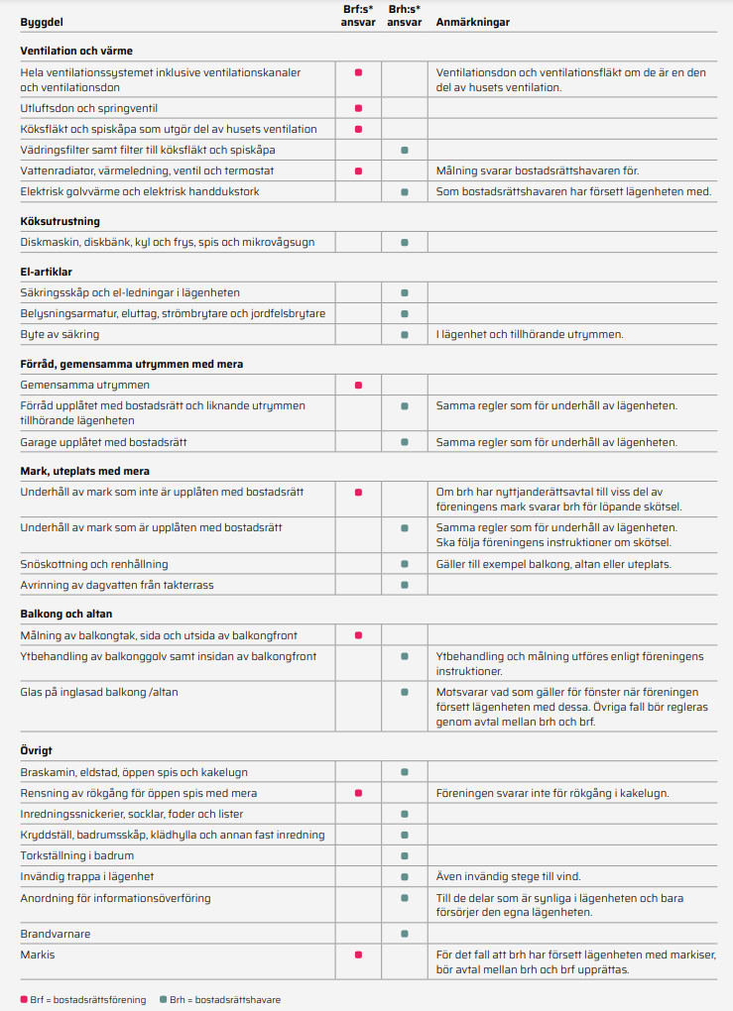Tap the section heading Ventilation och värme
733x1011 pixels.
tap(76, 51)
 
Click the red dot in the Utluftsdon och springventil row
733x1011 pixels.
tap(358, 108)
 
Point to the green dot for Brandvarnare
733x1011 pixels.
tap(405, 934)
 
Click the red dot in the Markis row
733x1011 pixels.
tap(358, 955)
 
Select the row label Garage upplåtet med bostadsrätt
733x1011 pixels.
tap(104, 442)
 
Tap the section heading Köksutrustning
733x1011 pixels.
tap(61, 221)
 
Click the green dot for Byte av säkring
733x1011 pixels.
tap(405, 335)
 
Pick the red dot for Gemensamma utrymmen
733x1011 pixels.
tap(358, 385)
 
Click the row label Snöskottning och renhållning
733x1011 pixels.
tap(94, 564)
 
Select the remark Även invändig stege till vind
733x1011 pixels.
tap(509, 876)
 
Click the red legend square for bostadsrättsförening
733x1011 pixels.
tap(24, 999)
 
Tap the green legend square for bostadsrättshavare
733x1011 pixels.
tap(163, 999)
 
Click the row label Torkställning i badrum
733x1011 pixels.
tap(77, 855)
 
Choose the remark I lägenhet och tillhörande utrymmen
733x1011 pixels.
tap(530, 335)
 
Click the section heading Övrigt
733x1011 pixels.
tap(37, 750)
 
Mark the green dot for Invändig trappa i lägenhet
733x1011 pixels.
tap(405, 876)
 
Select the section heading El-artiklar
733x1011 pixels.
tap(47, 271)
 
